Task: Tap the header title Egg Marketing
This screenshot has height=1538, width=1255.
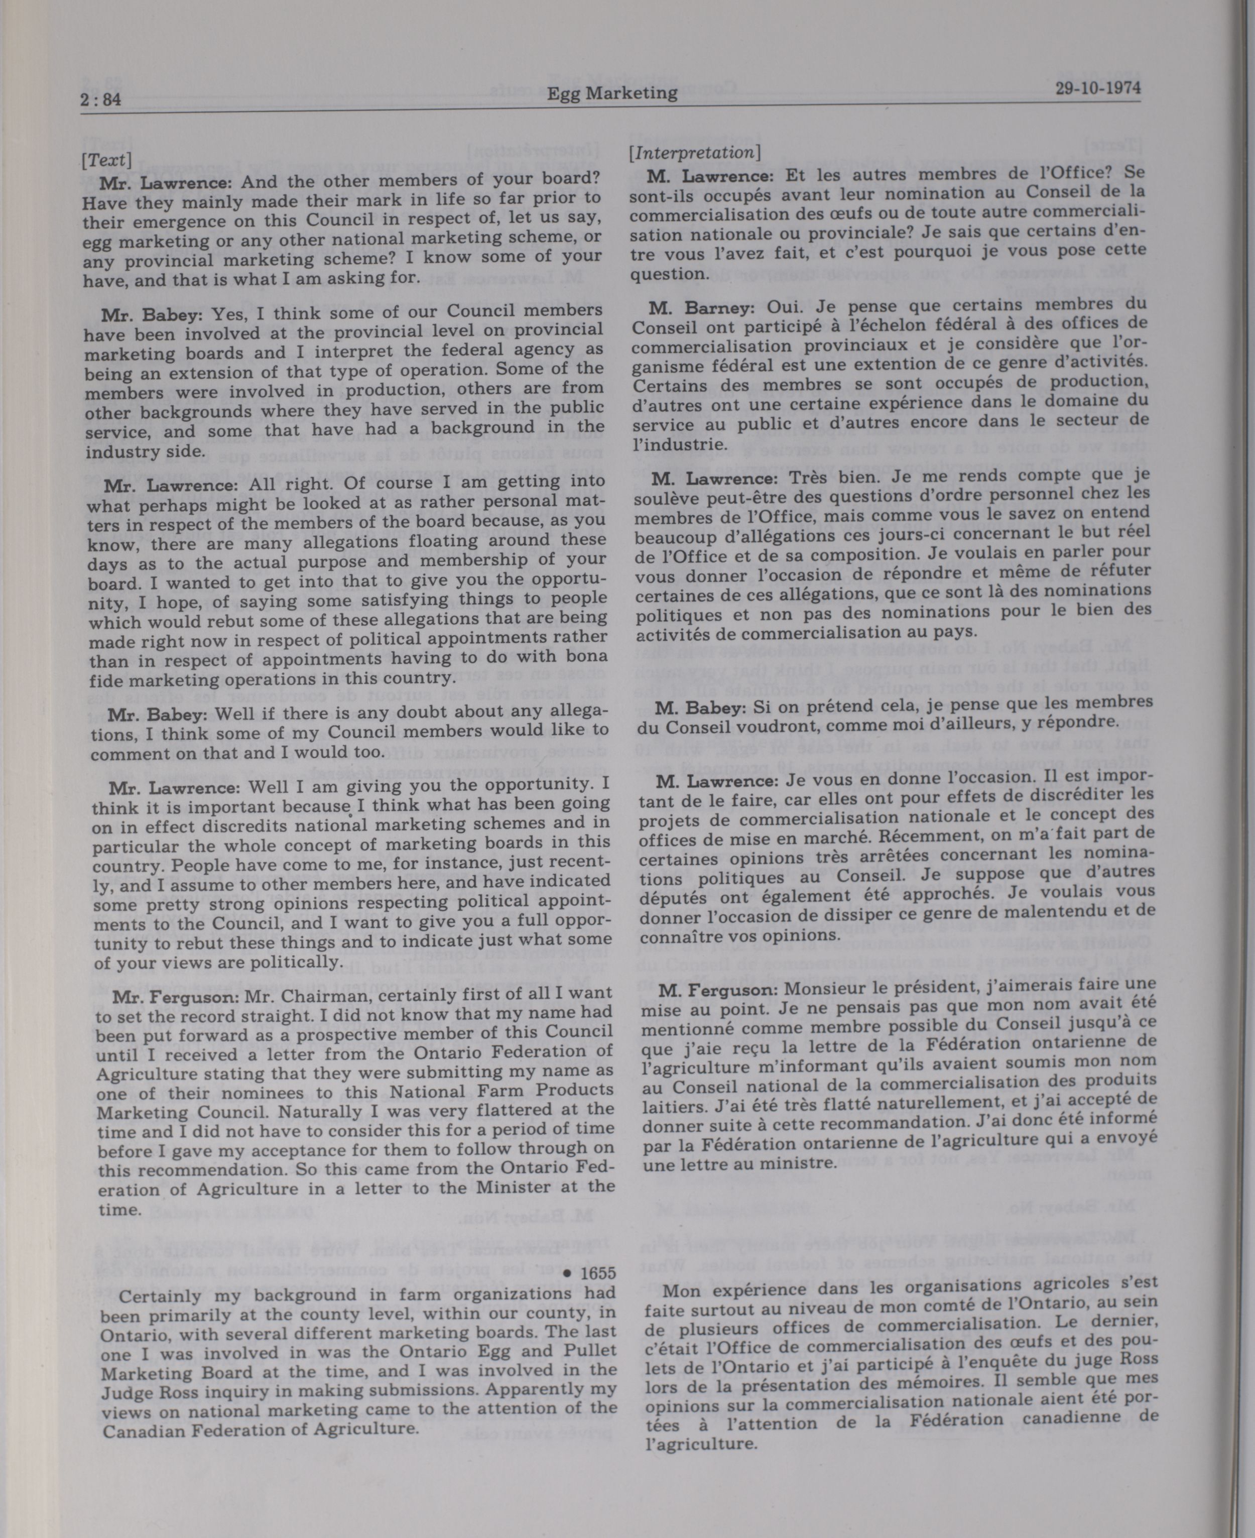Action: pyautogui.click(x=611, y=92)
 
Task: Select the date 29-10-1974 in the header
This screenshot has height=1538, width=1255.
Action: pyautogui.click(x=1097, y=88)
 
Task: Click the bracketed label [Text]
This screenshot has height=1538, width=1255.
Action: pyautogui.click(x=106, y=159)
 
